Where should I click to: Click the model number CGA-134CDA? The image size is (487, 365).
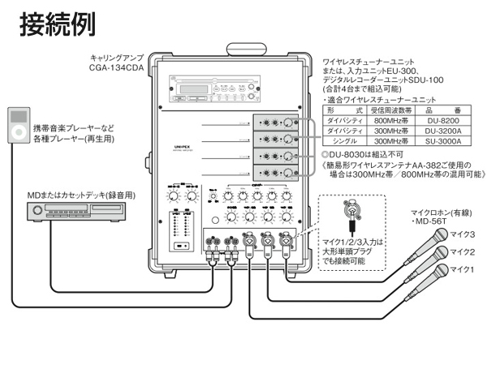pyautogui.click(x=117, y=70)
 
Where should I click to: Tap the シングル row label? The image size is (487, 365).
pyautogui.click(x=343, y=140)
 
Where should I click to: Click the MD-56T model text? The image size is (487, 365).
pyautogui.click(x=433, y=221)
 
